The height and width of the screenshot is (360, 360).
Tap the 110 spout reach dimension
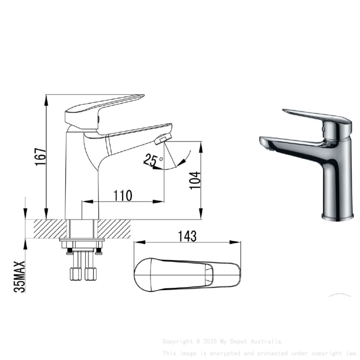tap(123, 196)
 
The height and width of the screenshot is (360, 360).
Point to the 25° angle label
tap(153, 160)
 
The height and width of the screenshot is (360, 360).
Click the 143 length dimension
tap(188, 236)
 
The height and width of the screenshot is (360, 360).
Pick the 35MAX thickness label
tap(20, 277)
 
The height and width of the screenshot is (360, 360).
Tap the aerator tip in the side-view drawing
tap(163, 138)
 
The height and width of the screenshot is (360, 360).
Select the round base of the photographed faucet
tap(337, 217)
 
